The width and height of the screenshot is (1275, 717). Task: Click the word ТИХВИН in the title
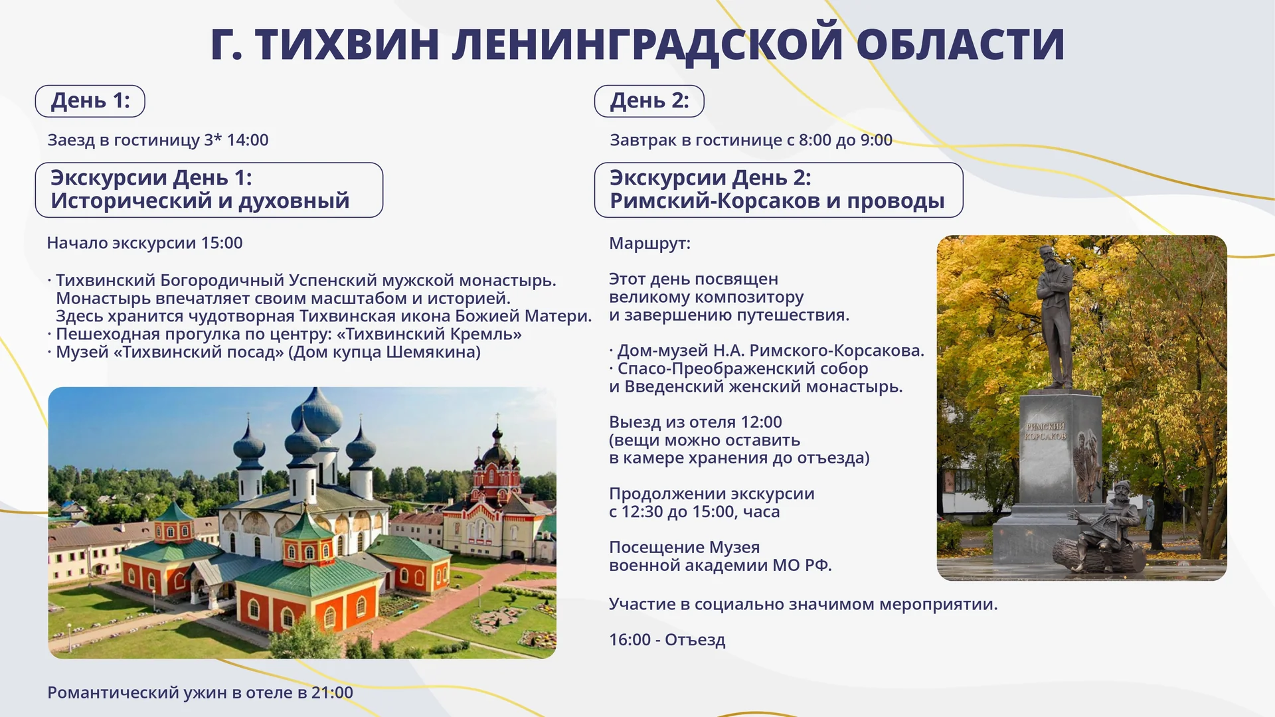coord(347,45)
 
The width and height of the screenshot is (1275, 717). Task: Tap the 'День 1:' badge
coord(90,101)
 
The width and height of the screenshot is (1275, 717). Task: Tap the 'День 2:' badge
coord(649,101)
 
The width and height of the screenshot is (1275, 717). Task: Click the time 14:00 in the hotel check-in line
coord(248,140)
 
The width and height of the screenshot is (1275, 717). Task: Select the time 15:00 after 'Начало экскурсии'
coord(222,243)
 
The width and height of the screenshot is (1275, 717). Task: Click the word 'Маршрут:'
coord(649,244)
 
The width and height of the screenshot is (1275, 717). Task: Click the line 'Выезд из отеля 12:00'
coord(695,422)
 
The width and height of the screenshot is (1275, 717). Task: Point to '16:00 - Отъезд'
coord(667,640)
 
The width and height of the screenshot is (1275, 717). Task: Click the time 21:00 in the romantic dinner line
coord(332,692)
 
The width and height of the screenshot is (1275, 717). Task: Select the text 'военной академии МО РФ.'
coord(720,566)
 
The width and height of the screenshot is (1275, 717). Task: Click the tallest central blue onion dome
coord(317,411)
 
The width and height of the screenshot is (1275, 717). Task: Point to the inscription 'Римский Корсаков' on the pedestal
coord(1045,431)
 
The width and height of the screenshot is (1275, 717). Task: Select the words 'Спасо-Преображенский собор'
coord(742,368)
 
